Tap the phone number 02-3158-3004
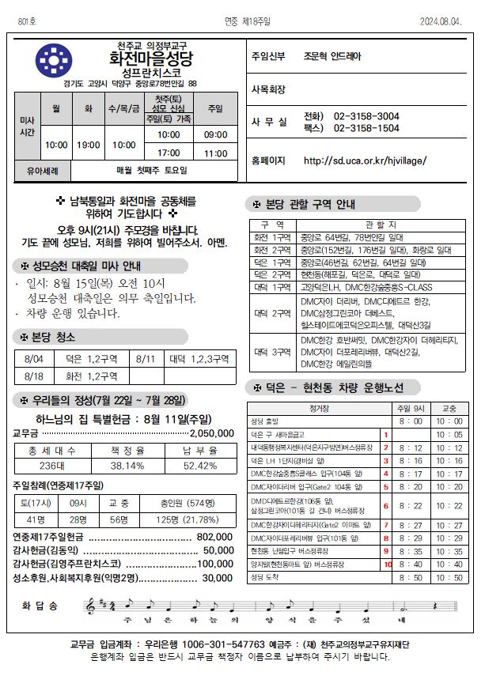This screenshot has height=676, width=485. point(366,115)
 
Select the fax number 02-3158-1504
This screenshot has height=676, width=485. point(366,127)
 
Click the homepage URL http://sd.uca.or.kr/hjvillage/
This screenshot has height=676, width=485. point(365,161)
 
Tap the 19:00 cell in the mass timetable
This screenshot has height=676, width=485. point(88,145)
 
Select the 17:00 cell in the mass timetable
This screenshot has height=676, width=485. point(169,153)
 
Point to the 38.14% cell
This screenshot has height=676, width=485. point(127,466)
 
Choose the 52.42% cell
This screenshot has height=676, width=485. point(199,466)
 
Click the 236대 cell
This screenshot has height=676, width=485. point(51,466)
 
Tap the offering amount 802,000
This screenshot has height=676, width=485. point(213,536)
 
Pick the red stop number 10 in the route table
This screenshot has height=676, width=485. point(388,564)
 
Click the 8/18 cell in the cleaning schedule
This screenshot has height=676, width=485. point(34,376)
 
